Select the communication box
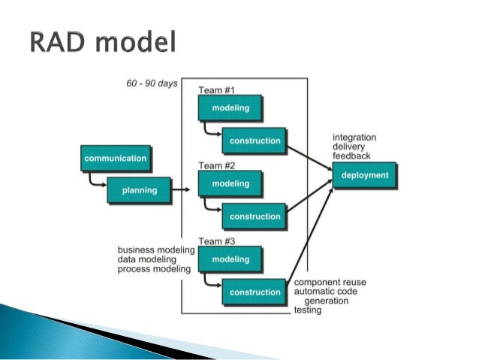[115, 159]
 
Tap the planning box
[140, 190]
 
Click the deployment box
[365, 175]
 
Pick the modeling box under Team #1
[230, 108]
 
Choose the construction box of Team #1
[255, 141]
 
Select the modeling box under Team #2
[230, 183]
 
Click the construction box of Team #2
[255, 216]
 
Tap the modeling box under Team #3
[230, 259]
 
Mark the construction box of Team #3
[255, 292]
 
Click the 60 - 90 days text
[152, 83]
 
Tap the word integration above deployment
[354, 138]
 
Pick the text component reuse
[330, 282]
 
